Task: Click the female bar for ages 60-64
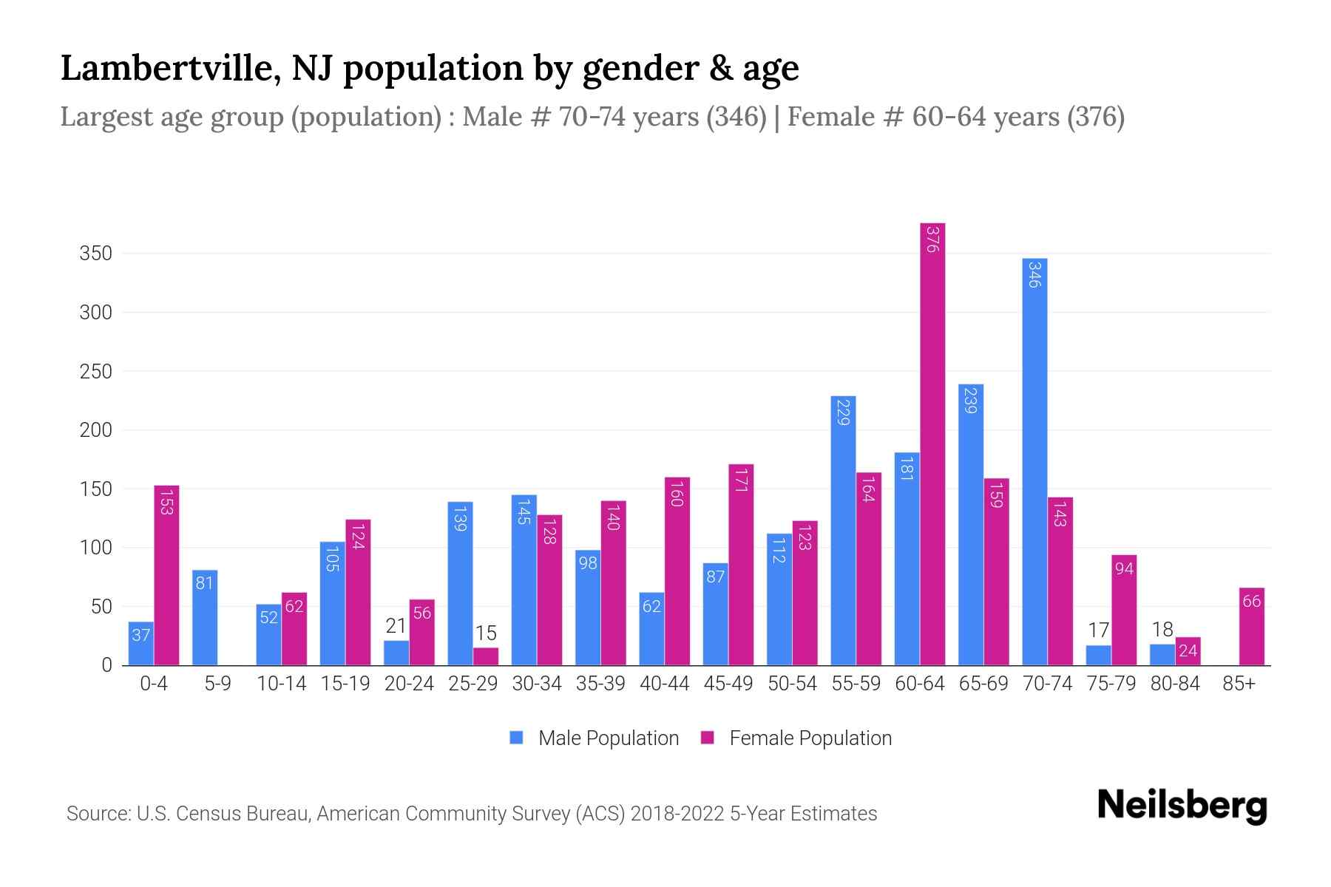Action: [932, 443]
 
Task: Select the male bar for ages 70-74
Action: [1034, 462]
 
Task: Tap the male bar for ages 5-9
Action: [205, 617]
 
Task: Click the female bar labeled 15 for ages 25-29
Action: [486, 656]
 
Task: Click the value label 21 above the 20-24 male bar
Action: [396, 626]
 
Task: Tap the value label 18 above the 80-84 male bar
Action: [1162, 629]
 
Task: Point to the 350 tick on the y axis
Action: [96, 254]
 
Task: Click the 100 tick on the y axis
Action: [96, 548]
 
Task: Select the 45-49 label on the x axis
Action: [728, 684]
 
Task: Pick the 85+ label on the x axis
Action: [1239, 684]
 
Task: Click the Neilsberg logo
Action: [1182, 806]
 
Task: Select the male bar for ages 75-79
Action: [1098, 655]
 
